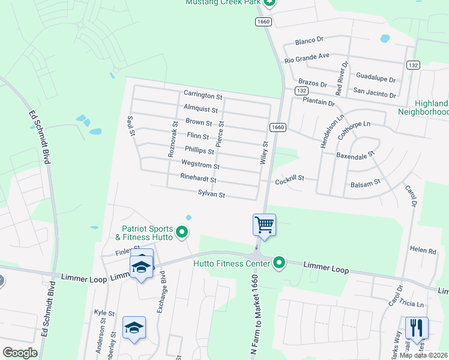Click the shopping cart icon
click(264, 226)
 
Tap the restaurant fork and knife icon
click(417, 328)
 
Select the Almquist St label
click(201, 109)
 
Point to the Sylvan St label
click(211, 194)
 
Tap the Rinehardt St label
click(198, 179)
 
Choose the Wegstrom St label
click(200, 164)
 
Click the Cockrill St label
click(291, 179)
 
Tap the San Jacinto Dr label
click(375, 94)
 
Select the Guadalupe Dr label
click(376, 78)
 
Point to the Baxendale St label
click(355, 154)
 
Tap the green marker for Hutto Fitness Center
click(279, 262)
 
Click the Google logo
click(20, 353)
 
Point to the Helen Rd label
click(423, 250)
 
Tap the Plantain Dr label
click(318, 103)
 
